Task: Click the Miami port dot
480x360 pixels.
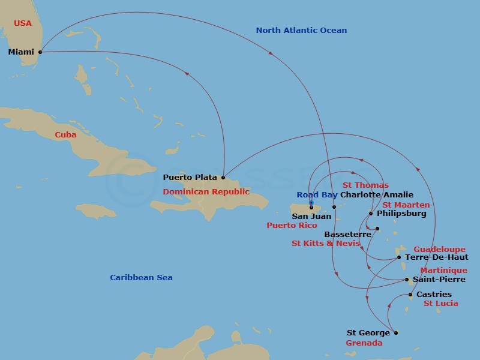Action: (40, 52)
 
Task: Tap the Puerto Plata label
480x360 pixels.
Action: (190, 178)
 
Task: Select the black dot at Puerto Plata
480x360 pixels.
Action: (223, 178)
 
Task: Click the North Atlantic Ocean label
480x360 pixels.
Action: (301, 31)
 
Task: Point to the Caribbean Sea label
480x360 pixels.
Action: (141, 277)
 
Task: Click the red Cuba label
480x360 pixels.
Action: (65, 135)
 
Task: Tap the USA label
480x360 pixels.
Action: (23, 23)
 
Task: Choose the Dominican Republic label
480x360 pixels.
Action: (206, 192)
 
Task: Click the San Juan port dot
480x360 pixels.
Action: (311, 208)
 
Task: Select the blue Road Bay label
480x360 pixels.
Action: (317, 195)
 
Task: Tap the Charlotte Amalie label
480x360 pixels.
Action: (377, 195)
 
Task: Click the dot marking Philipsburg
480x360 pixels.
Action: (371, 214)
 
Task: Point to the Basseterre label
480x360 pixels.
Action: (344, 235)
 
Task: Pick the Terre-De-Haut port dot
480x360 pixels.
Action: (399, 257)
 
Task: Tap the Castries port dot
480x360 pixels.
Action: (410, 295)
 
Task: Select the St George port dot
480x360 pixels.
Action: (395, 332)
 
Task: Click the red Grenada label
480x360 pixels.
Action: (364, 344)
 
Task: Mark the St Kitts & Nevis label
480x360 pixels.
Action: (326, 244)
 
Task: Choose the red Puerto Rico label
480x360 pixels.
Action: (292, 226)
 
